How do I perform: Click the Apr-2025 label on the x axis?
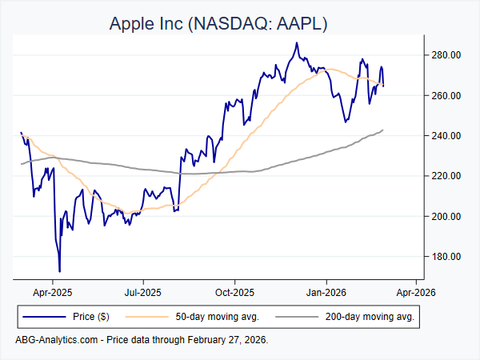click(x=52, y=293)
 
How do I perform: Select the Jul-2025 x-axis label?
click(x=143, y=293)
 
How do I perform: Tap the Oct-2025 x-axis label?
click(x=234, y=293)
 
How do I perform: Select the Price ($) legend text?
click(x=92, y=318)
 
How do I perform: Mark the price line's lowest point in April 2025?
click(x=59, y=271)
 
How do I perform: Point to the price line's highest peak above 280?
click(x=296, y=43)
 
